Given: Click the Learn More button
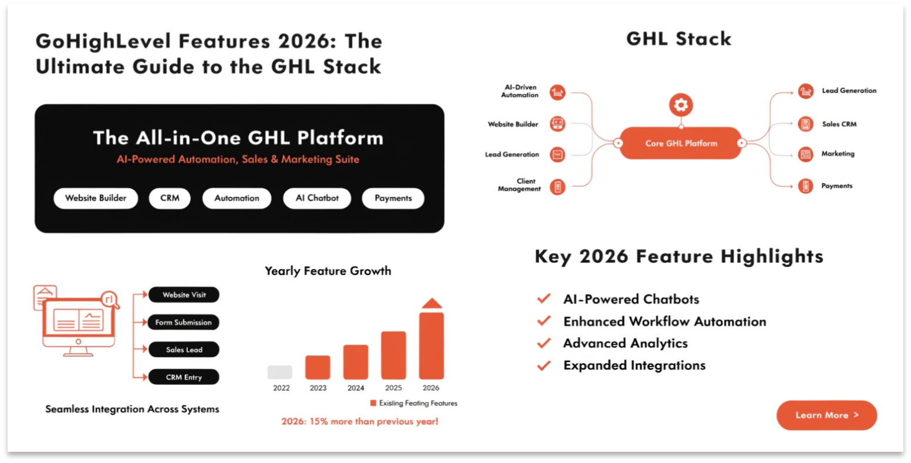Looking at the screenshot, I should pos(826,415).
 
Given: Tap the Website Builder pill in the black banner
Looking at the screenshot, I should pos(96,198).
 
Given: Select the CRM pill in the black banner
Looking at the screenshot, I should pos(170,198).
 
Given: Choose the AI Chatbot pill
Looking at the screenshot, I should pos(317,198).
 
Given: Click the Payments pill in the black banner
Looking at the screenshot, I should pos(393,198).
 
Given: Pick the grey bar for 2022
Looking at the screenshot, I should pos(280,372).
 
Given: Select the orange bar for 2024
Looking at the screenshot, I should pos(355,361).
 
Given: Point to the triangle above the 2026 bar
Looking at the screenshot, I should pos(432,304).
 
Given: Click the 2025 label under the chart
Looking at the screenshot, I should pos(394,388).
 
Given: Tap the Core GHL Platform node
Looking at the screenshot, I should pos(681,143).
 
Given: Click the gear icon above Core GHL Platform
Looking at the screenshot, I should pos(681,105).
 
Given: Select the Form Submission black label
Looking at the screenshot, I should pos(184,322).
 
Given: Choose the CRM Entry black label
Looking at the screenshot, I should pos(184,377).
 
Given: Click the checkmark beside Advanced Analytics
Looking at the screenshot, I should pos(544,343).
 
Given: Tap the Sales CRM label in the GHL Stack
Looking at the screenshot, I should pos(839,124).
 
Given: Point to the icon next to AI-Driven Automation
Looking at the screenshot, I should pos(557,92).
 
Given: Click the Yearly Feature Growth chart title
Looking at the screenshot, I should pos(328,271).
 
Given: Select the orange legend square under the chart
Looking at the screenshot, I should pos(373,403).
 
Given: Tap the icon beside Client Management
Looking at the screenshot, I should pos(557,187).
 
